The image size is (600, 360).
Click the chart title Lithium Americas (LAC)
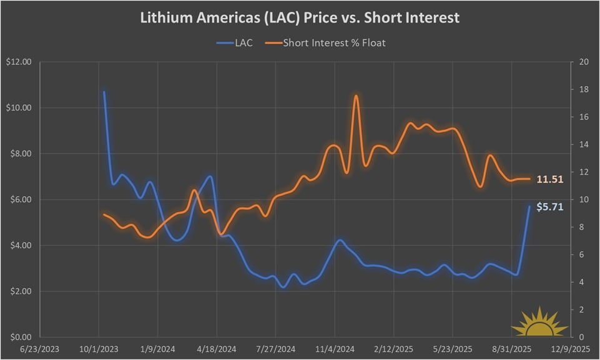tap(300, 17)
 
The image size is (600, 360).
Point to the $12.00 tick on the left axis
tap(21, 62)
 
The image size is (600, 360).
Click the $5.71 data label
tap(549, 207)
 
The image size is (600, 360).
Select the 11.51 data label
tap(550, 179)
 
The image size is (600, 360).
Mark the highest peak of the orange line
tap(356, 95)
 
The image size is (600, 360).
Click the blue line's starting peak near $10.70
tap(104, 92)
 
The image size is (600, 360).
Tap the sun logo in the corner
tap(539, 323)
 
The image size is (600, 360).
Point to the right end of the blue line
tap(529, 207)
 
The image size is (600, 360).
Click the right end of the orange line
tap(529, 179)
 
